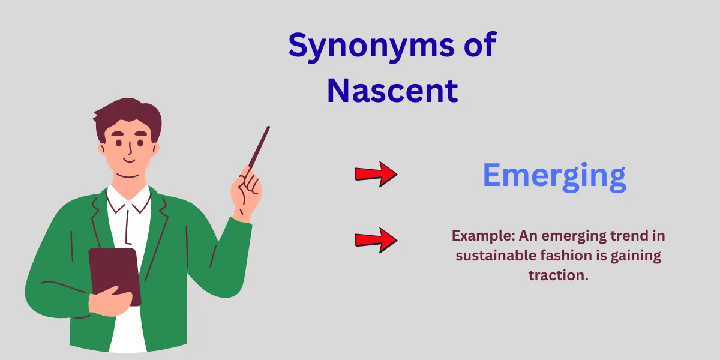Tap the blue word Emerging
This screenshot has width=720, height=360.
554,175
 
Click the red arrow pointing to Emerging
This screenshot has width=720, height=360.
376,174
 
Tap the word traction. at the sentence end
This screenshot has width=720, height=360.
558,275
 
